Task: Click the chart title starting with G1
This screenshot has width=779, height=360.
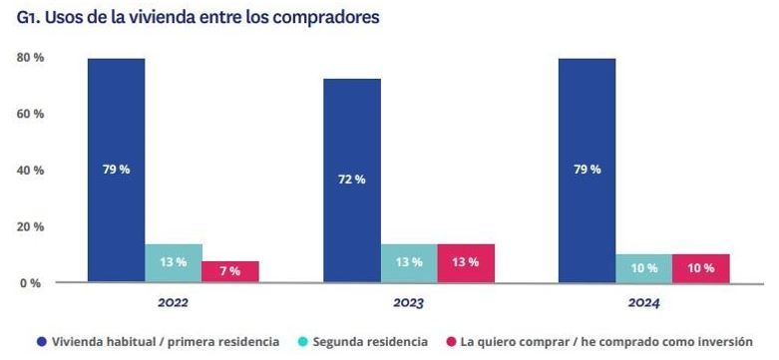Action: point(197,17)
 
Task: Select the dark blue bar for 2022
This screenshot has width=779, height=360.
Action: point(116,170)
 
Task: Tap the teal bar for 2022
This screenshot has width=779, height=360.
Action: point(174,263)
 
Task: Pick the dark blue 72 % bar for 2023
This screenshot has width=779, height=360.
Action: point(351,180)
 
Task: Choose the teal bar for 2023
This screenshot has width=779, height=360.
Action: point(409,263)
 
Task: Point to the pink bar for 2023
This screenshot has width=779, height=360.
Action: point(466,263)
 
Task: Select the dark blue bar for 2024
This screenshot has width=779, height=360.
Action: point(586,170)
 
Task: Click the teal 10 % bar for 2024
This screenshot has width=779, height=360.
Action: point(644,267)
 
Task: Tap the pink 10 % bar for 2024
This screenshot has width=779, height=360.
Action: point(701,267)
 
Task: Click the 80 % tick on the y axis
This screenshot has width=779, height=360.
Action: point(30,58)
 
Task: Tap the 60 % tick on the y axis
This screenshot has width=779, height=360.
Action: point(30,114)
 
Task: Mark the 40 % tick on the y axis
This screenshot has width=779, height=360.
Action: point(30,171)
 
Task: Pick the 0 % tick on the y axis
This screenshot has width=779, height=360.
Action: point(30,283)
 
